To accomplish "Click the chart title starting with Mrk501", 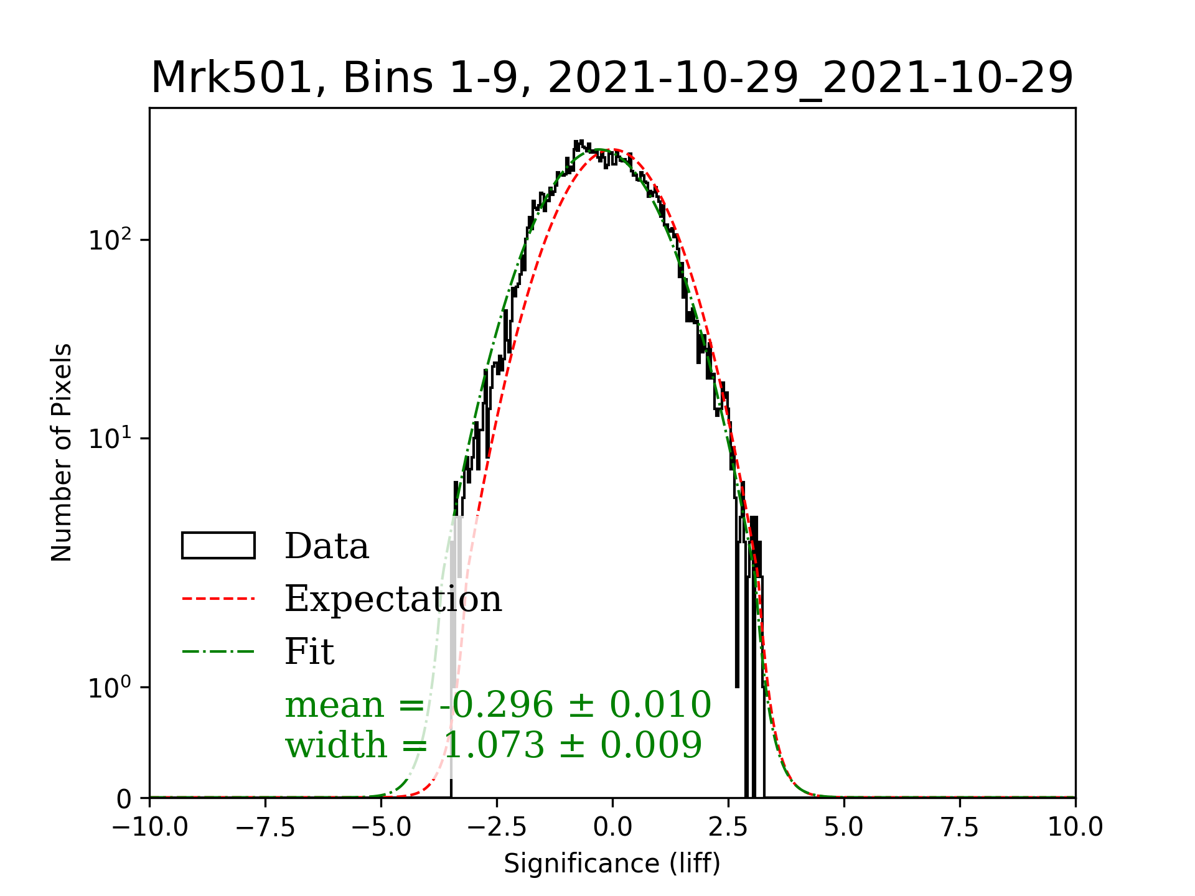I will tap(612, 78).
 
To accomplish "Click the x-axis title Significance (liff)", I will tap(612, 864).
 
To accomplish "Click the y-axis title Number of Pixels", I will tap(62, 452).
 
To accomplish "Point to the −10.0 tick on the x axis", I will tap(150, 827).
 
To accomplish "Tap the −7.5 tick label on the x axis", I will tap(266, 827).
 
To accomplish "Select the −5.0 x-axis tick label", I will tap(381, 827).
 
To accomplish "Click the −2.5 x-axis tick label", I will tap(497, 827).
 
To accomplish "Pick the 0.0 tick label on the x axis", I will tap(612, 827).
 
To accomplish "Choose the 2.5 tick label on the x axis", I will tap(728, 827).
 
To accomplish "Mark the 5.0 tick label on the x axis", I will tap(844, 827).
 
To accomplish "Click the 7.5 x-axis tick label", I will tap(960, 827).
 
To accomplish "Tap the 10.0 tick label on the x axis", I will tap(1075, 827).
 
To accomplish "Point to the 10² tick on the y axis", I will tap(110, 240).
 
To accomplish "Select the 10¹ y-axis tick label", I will tap(110, 439).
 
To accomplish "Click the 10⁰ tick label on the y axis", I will tap(110, 688).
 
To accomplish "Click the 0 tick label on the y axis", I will tap(124, 799).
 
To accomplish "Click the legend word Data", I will tap(327, 546).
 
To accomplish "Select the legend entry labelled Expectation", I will tap(393, 599).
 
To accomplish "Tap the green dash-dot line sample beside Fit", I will tap(218, 651).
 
